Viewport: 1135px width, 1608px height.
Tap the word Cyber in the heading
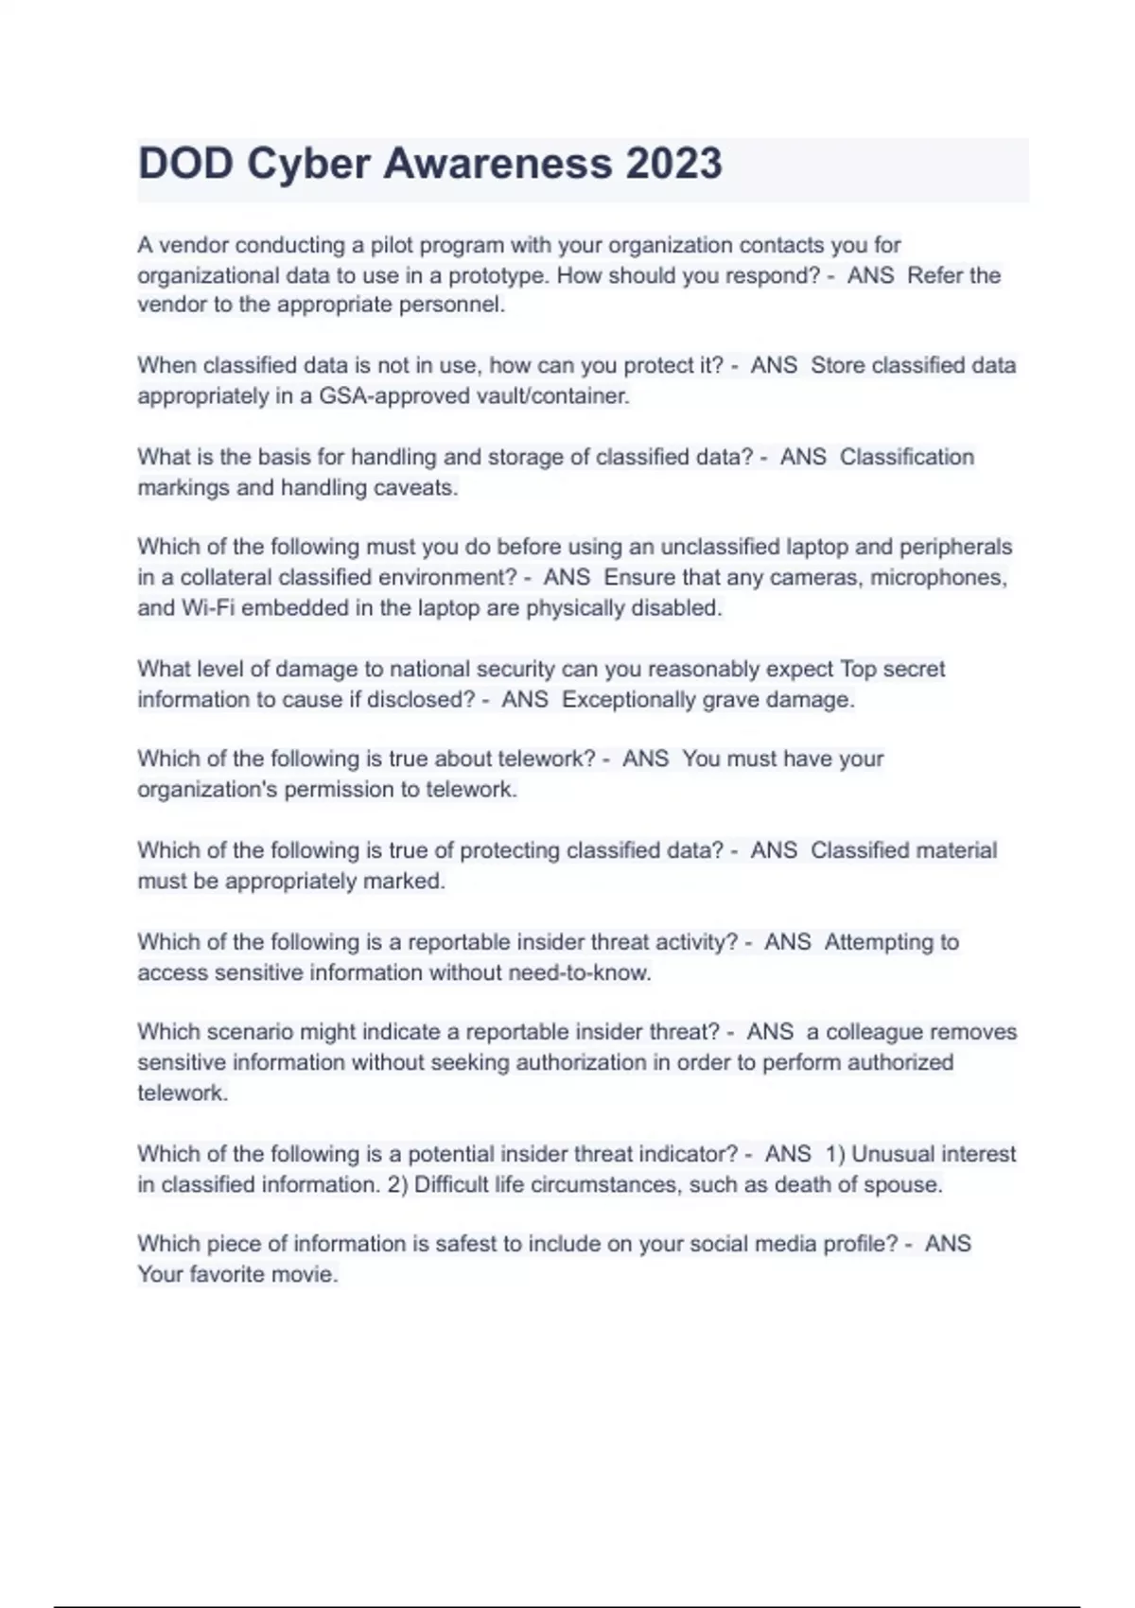point(307,164)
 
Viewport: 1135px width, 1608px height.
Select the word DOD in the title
point(186,164)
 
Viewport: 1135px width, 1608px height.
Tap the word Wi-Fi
point(207,608)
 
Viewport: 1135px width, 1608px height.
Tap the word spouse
point(901,1185)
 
